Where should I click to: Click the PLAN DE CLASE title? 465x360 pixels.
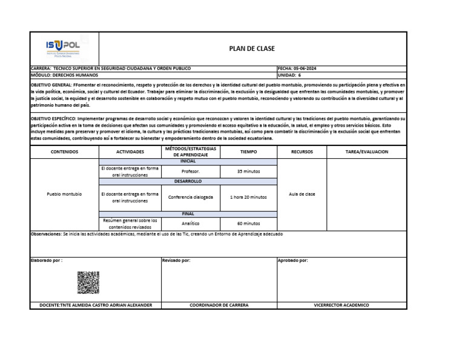point(251,48)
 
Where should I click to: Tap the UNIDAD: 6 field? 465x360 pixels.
point(289,75)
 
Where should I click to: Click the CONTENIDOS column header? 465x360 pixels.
point(64,152)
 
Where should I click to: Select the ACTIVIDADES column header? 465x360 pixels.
point(130,152)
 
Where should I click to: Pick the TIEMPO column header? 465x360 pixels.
point(248,152)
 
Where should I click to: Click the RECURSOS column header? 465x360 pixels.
point(302,152)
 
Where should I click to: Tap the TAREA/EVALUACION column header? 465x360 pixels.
point(366,152)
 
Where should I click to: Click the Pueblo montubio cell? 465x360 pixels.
point(64,194)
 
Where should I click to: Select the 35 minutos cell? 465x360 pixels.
point(248,172)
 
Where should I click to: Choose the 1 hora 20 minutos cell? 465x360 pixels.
point(248,197)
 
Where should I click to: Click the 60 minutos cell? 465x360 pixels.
point(248,223)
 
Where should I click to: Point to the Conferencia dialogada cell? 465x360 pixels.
point(190,197)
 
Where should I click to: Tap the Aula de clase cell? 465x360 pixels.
point(302,194)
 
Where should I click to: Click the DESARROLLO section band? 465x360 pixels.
point(188,181)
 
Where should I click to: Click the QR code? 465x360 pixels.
point(88,282)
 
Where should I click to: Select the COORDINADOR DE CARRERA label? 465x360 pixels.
point(219,305)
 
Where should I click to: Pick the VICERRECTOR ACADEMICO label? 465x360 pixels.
point(341,305)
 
